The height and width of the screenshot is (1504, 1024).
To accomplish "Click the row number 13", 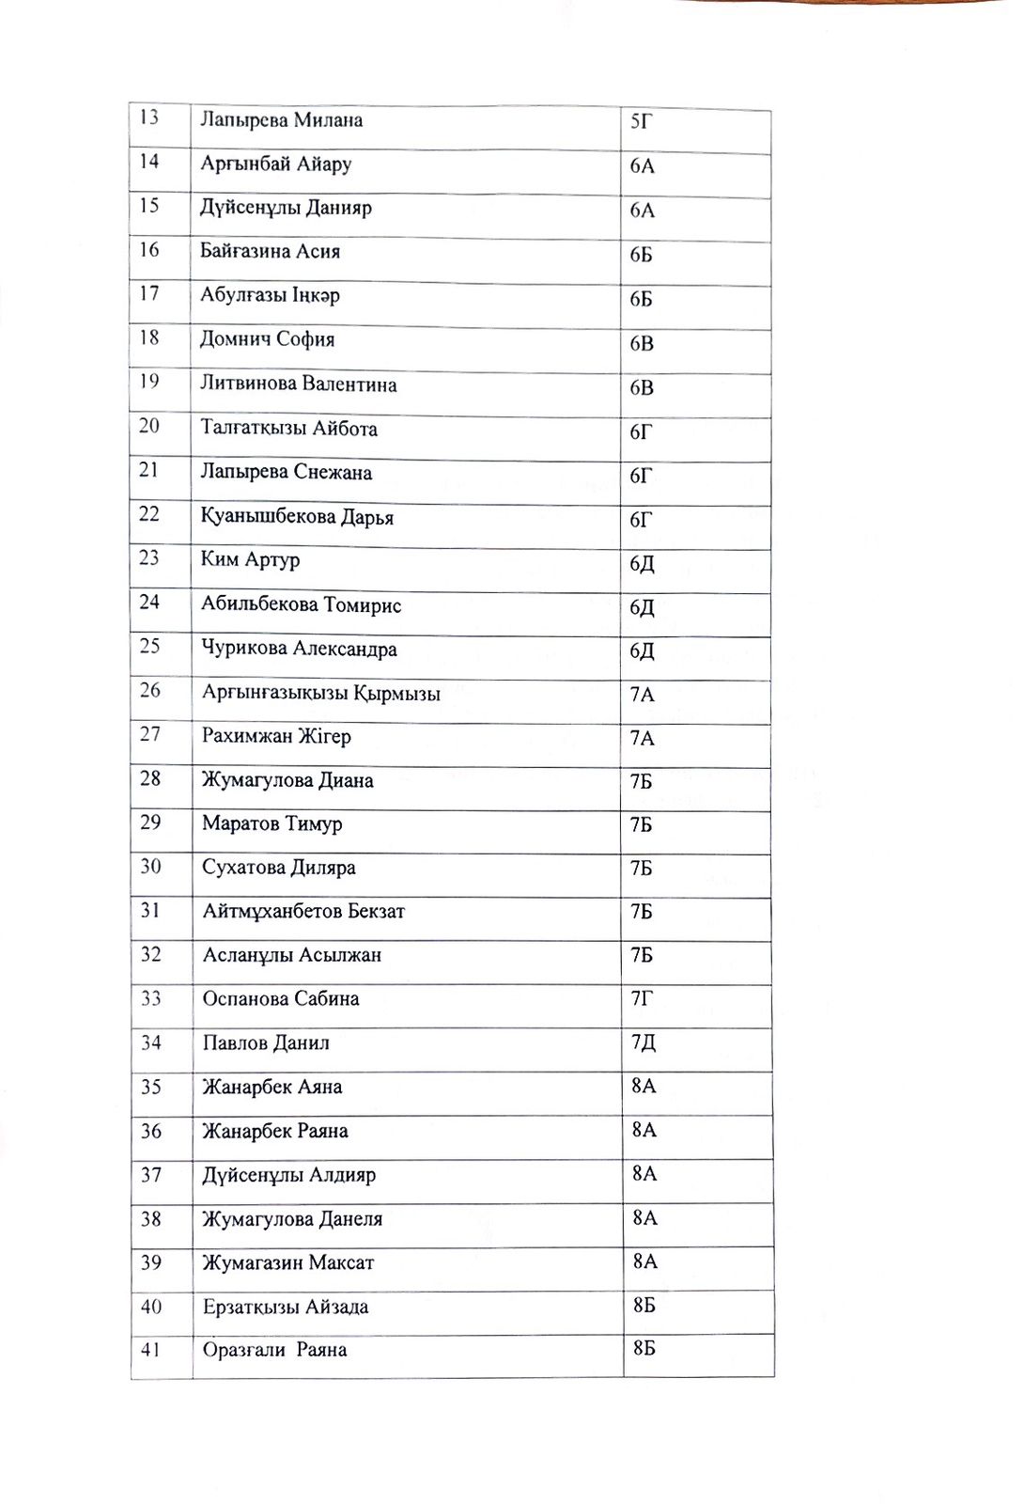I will [148, 117].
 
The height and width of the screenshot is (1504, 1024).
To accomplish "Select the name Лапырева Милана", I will [281, 120].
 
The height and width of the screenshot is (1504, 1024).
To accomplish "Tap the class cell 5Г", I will [641, 121].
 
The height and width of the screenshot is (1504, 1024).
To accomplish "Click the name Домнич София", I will [267, 339].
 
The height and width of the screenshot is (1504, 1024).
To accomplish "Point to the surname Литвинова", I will [247, 384].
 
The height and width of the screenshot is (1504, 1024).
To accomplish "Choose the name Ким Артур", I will [250, 560].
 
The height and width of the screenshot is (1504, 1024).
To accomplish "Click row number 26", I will [150, 690].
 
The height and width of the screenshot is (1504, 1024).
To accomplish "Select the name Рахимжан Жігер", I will [276, 736].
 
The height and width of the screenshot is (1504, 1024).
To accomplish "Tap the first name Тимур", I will [314, 824].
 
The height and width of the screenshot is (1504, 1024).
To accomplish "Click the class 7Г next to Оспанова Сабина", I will [642, 998].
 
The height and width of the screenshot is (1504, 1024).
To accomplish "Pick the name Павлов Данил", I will [266, 1043].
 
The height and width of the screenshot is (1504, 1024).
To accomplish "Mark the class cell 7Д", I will [644, 1042].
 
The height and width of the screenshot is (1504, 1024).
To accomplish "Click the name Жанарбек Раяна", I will [275, 1131].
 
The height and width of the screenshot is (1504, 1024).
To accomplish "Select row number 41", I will [150, 1350].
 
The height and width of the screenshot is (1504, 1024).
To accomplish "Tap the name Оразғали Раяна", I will [274, 1351].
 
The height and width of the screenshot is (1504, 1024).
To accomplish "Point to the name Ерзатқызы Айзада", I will [286, 1308].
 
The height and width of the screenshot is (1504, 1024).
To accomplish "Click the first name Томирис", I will [363, 605].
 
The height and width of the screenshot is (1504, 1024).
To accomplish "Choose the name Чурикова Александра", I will [299, 650].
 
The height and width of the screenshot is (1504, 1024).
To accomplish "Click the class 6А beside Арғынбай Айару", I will [643, 166].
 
